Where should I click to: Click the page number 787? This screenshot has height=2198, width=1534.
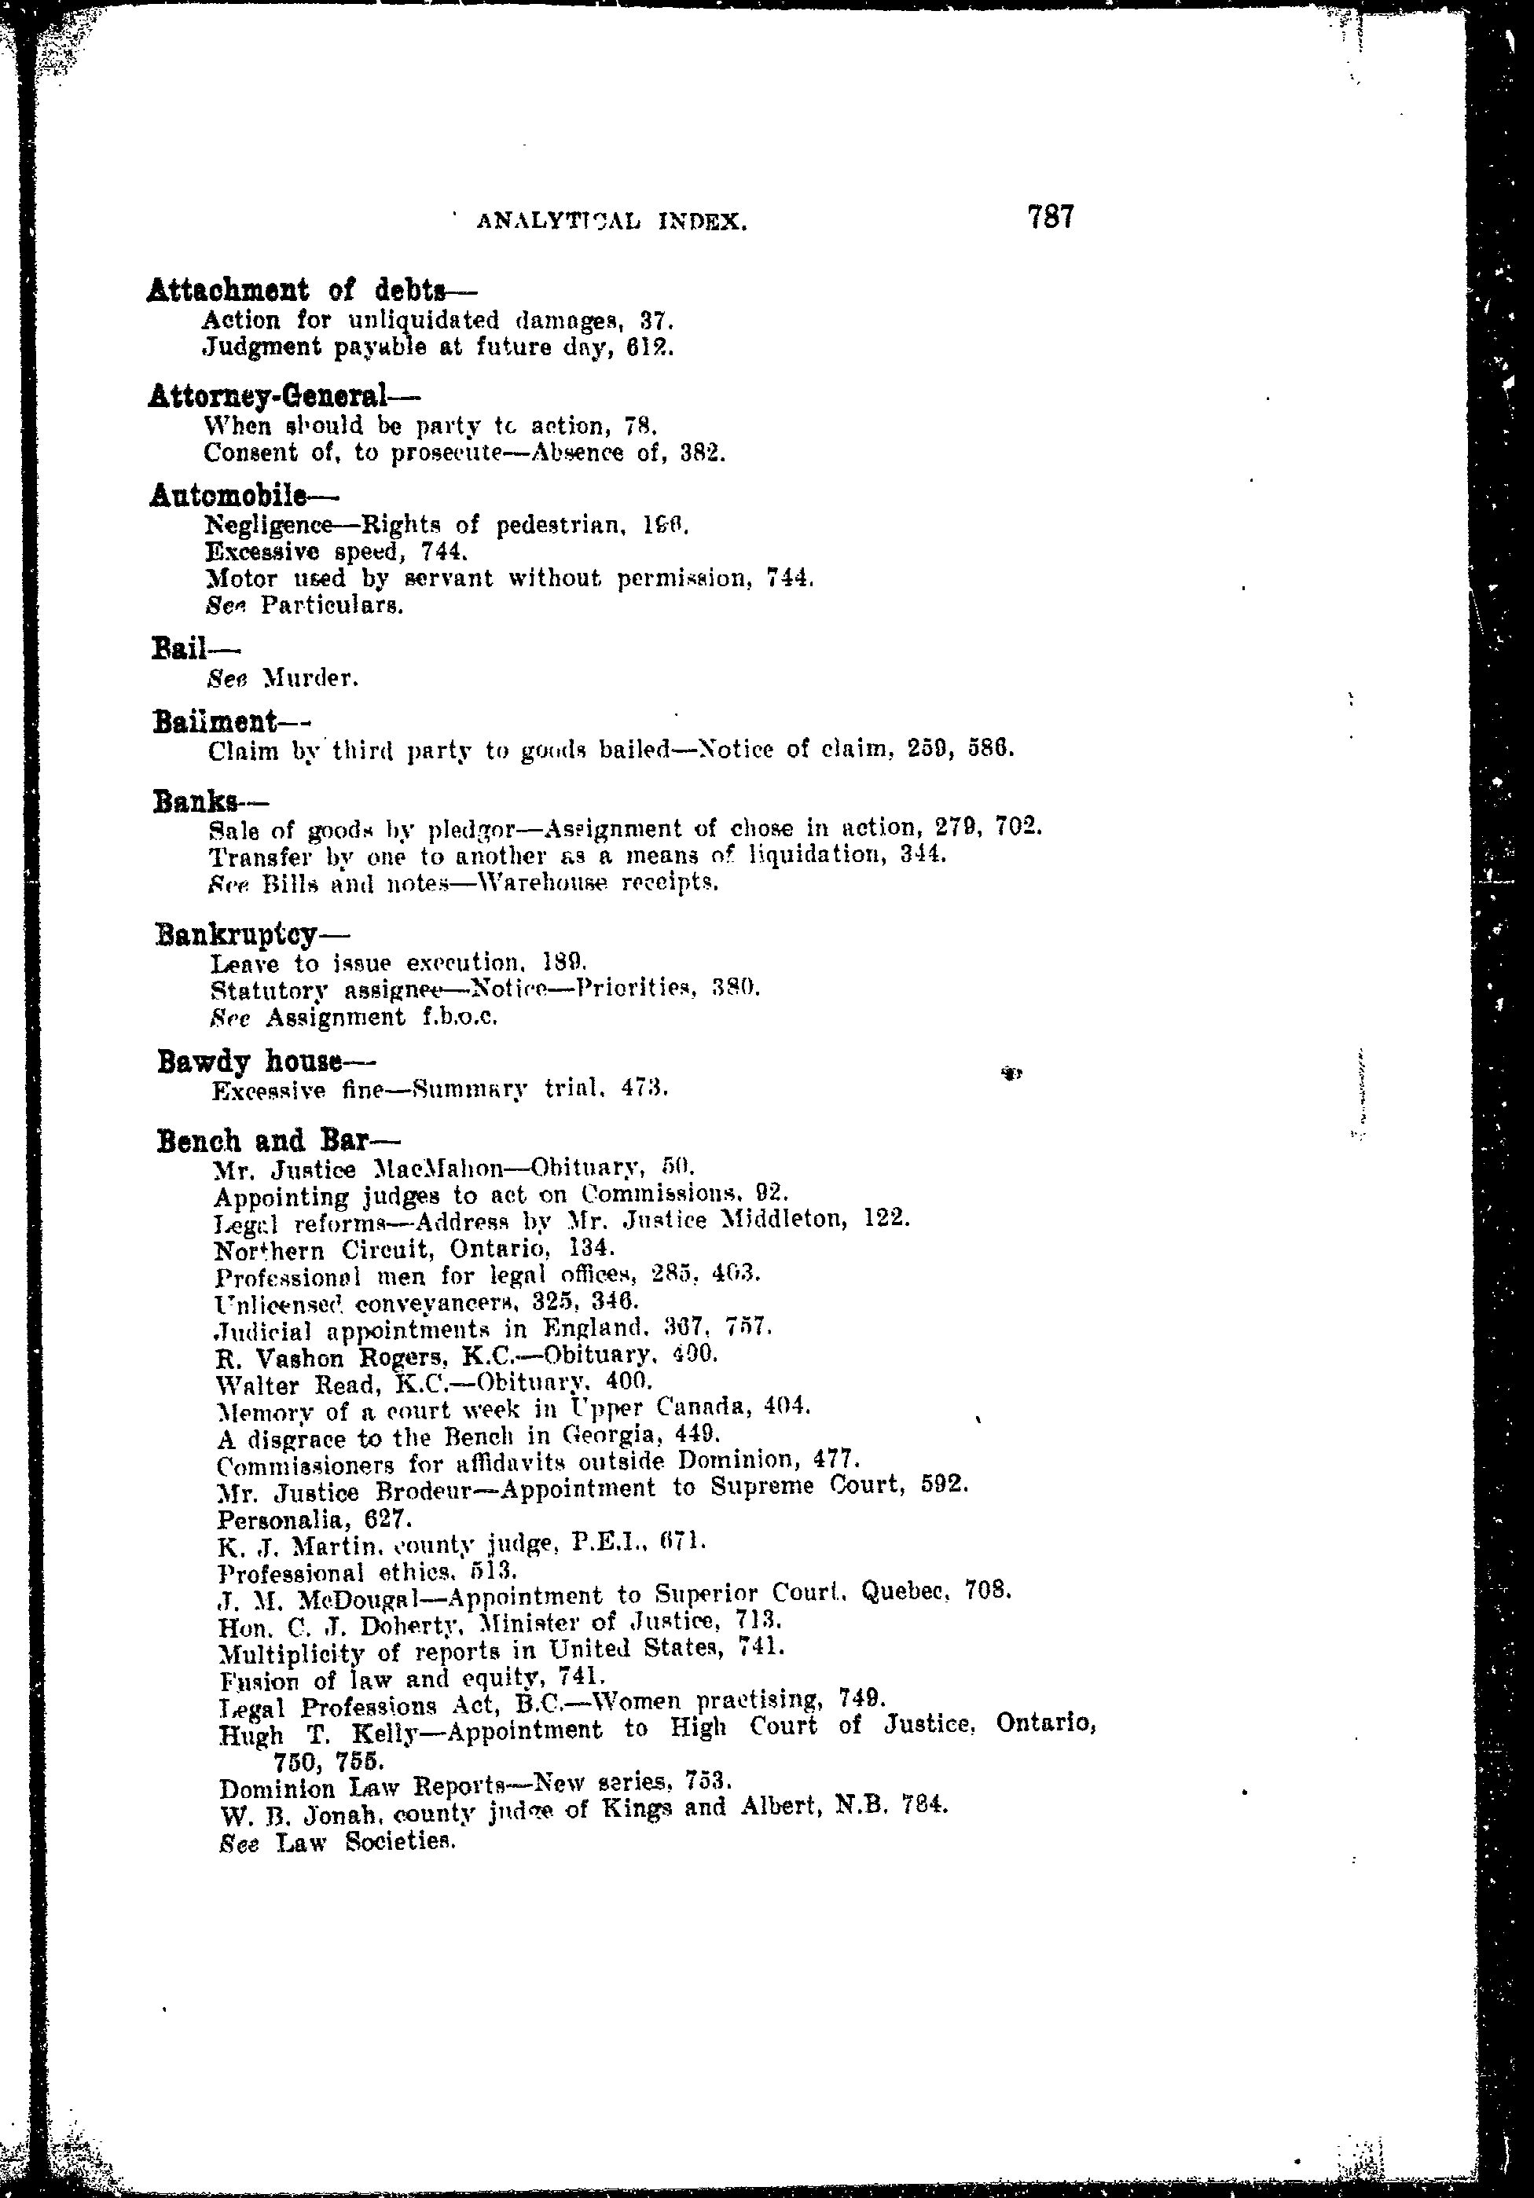1051,218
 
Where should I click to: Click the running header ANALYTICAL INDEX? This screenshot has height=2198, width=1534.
611,223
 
